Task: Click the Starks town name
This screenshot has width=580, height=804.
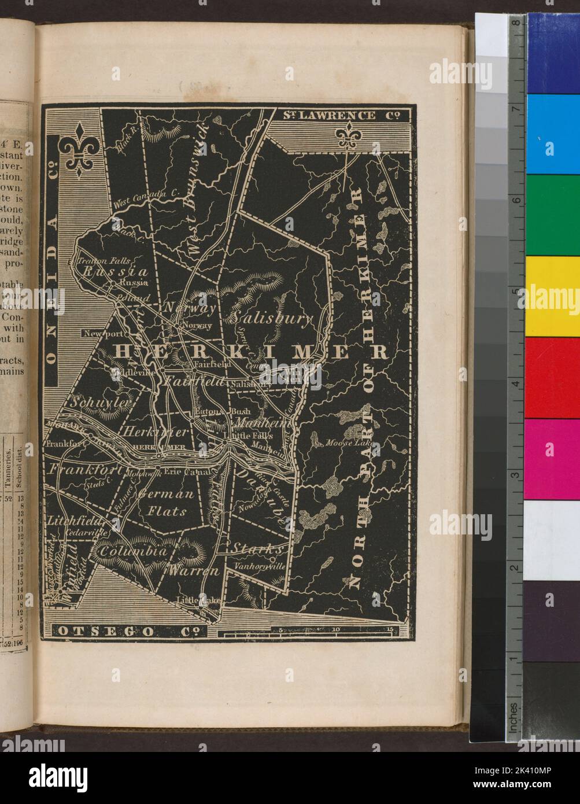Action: (x=257, y=548)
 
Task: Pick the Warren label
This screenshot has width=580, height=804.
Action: (x=194, y=571)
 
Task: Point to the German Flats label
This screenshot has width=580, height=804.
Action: (x=166, y=503)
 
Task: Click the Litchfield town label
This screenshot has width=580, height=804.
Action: (x=68, y=518)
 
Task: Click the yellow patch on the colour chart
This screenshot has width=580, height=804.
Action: (x=552, y=296)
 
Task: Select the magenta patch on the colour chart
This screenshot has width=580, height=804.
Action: (x=552, y=458)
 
